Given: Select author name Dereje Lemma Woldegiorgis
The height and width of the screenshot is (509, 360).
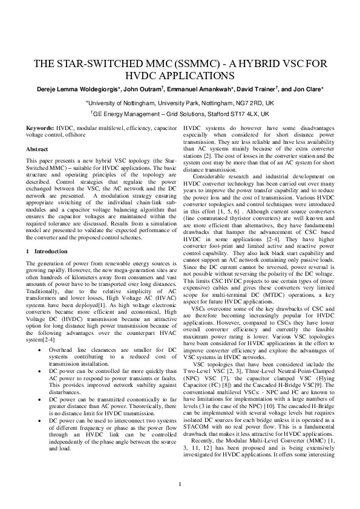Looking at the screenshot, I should (78, 89).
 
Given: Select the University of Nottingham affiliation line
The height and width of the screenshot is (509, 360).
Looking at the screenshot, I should (180, 103).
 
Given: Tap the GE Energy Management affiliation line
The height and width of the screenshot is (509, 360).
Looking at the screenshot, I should (180, 114).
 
